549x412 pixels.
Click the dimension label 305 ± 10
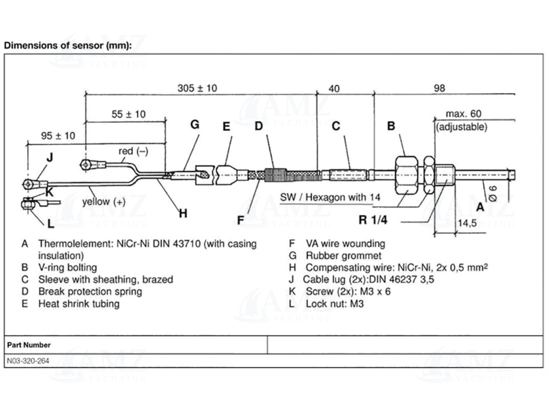click(197, 88)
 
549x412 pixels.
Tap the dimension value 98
click(439, 88)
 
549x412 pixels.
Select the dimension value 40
click(334, 89)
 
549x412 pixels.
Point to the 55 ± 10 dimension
click(128, 114)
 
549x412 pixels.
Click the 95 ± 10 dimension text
click(58, 136)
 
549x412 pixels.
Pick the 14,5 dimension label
click(467, 223)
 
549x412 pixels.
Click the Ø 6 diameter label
click(493, 193)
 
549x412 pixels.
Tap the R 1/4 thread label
click(373, 220)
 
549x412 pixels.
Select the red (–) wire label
click(133, 151)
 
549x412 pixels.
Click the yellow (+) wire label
click(103, 201)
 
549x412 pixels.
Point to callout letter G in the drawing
click(195, 124)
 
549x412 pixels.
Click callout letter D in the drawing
click(259, 126)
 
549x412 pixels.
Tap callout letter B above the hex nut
click(391, 126)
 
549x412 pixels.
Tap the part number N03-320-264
click(28, 361)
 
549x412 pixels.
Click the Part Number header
click(29, 345)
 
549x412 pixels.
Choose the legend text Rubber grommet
click(343, 255)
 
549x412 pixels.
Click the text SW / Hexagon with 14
click(330, 197)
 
